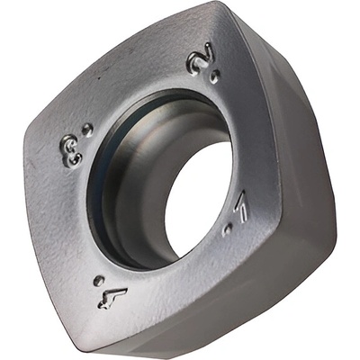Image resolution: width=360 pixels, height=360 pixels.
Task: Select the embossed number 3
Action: click(71, 151)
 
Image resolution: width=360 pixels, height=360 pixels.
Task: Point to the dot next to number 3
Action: click(87, 130)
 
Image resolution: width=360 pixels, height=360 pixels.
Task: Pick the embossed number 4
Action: click(112, 298)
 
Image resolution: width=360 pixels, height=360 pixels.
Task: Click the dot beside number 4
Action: click(99, 281)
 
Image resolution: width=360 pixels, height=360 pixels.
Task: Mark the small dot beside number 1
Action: click(228, 229)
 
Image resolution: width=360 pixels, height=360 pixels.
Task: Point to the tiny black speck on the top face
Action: click(100, 78)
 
